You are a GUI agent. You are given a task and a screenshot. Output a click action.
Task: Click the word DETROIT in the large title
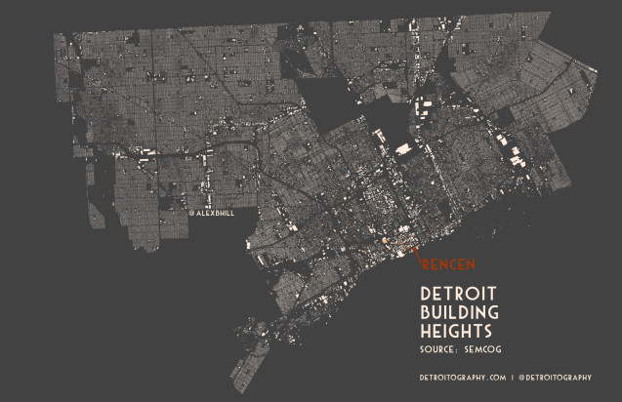[x=459, y=294]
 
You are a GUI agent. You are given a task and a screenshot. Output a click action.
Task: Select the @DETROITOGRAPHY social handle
[x=558, y=377]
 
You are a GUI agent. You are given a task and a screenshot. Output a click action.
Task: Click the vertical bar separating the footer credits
[x=514, y=377]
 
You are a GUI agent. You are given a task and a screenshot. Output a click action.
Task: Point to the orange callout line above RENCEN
[x=417, y=257]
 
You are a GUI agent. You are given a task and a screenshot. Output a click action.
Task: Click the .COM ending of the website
[x=496, y=377]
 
